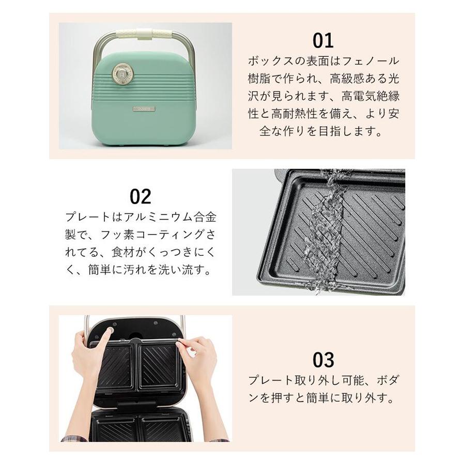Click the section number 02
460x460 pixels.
(x=140, y=196)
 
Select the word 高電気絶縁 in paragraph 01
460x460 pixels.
(x=370, y=97)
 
